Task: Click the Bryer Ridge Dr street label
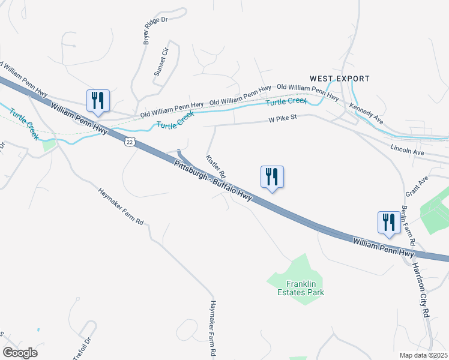(154, 29)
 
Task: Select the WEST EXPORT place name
(340, 79)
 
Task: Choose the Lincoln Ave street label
(407, 149)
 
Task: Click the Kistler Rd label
(215, 166)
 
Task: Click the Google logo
(20, 352)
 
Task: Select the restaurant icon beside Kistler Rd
(272, 177)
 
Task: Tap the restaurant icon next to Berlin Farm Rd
(389, 223)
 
